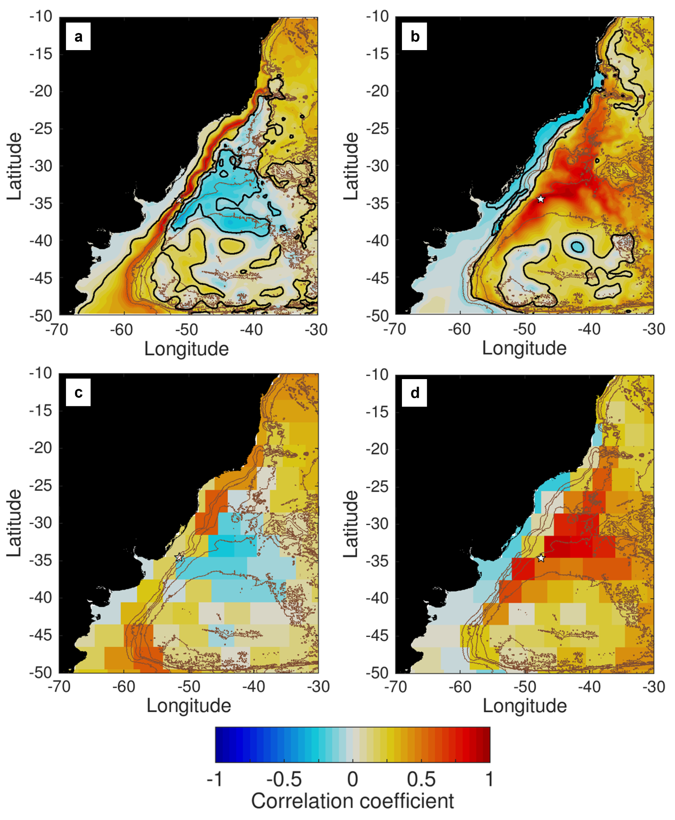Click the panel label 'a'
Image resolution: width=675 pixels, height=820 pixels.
[78, 37]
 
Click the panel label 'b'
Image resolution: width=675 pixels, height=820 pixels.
[414, 37]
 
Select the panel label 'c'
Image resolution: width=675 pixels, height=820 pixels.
[78, 393]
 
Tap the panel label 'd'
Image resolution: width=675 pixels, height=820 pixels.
[414, 393]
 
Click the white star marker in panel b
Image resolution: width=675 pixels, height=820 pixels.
[541, 199]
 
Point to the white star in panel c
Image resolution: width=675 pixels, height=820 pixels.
[179, 557]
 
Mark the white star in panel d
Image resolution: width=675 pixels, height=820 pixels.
[541, 558]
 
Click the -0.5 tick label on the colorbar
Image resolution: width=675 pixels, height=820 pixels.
[284, 779]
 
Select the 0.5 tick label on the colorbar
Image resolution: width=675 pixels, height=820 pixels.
[421, 779]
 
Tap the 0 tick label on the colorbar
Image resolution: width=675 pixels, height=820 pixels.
[353, 779]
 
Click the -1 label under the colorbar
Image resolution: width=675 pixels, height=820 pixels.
[215, 779]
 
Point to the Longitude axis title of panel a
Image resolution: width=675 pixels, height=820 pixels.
[187, 349]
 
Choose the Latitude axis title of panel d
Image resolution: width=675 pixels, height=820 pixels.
[351, 523]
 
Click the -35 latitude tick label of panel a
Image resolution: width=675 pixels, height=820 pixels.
[41, 203]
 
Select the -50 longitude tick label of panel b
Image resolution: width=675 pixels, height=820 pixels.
[525, 329]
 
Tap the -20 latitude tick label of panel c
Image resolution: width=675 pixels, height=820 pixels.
[41, 448]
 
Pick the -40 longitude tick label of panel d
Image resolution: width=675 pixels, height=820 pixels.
[590, 687]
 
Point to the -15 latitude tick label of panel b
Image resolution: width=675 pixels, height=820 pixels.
[378, 54]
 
